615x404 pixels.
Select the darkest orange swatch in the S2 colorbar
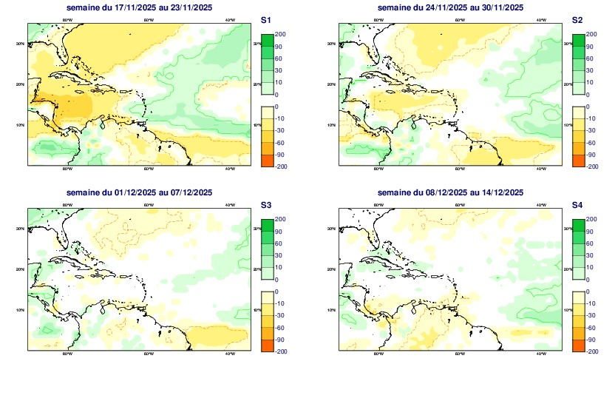[x=577, y=161]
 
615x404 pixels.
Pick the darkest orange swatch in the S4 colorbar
[x=577, y=346]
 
